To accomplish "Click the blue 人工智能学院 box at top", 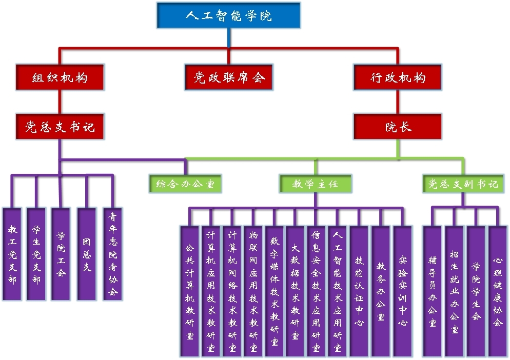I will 228,15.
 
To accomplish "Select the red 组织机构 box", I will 60,77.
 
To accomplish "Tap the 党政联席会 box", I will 229,77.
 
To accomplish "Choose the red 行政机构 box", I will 398,77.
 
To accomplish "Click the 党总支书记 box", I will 60,126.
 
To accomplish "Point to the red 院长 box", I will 398,126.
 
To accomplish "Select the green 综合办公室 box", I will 186,184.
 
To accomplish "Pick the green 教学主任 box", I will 316,184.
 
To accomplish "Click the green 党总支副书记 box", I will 463,184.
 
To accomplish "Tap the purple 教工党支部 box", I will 12,254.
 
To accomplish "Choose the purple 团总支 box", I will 87,254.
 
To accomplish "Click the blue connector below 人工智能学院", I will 229,38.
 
